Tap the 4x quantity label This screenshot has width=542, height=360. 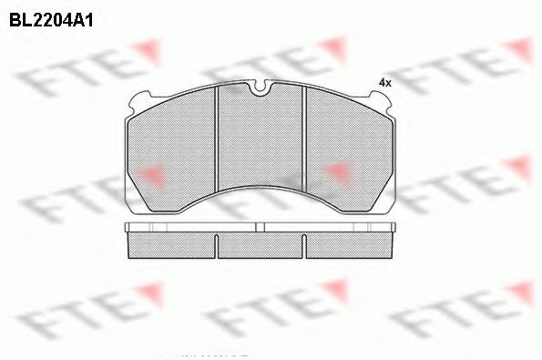[384, 83]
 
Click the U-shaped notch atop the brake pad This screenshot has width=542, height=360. [261, 89]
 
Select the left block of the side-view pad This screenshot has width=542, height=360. [172, 244]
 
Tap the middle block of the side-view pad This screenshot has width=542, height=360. [261, 244]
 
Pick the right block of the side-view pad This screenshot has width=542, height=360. [351, 244]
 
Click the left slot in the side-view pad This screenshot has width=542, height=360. [216, 244]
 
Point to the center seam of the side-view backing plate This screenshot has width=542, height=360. [261, 227]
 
